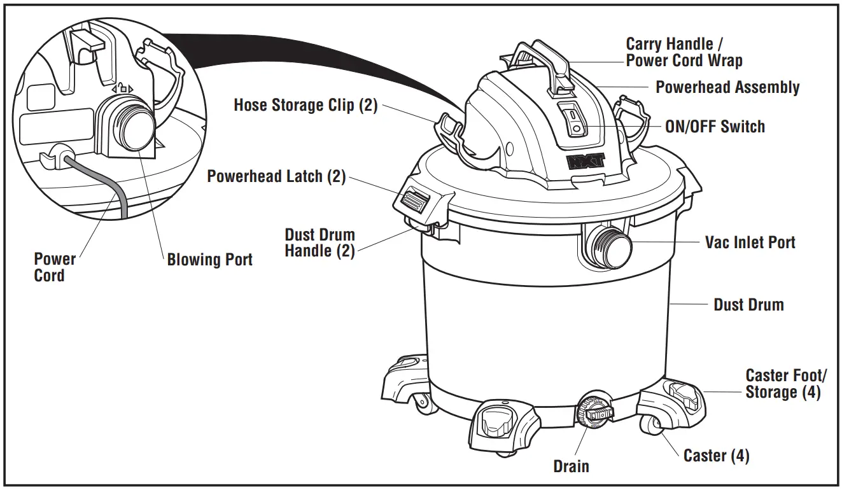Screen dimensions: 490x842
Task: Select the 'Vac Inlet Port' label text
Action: coord(750,242)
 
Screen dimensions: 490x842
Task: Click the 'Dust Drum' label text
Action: coord(748,305)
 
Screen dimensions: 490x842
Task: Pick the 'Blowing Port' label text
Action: coord(209,260)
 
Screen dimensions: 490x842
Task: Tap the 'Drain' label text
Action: coord(571,466)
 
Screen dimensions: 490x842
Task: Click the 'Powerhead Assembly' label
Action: coord(727,87)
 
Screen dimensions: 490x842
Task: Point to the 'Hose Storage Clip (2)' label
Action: coord(305,105)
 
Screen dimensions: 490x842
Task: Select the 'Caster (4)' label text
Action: coord(716,456)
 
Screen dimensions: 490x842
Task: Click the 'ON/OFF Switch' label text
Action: coord(715,127)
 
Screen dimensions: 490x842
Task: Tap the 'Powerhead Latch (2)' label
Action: coord(276,176)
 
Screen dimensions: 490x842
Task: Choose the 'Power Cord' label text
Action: coord(54,267)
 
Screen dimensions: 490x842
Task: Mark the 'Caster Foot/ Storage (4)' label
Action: coord(786,384)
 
